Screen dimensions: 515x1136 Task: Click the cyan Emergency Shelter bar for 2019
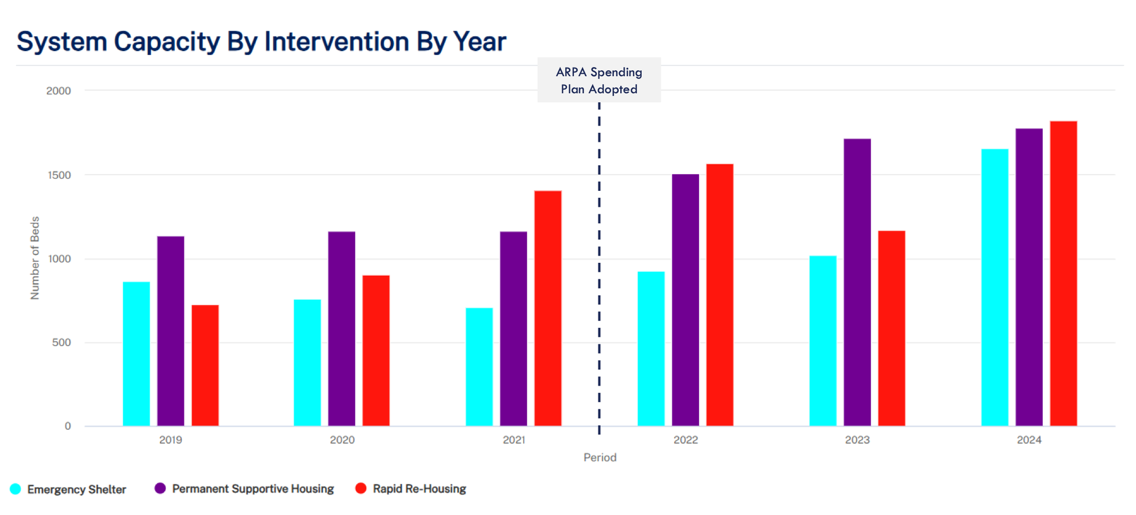pyautogui.click(x=136, y=354)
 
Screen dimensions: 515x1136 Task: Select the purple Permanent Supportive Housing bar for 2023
pyautogui.click(x=857, y=282)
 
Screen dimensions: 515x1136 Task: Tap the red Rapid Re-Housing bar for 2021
pyautogui.click(x=548, y=308)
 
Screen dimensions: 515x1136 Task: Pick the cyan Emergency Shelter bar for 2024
pyautogui.click(x=995, y=287)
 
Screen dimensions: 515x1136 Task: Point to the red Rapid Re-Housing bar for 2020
pyautogui.click(x=376, y=350)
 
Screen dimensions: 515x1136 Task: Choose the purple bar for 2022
pyautogui.click(x=685, y=300)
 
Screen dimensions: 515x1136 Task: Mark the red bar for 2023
pyautogui.click(x=891, y=328)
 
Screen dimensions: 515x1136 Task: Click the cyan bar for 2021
pyautogui.click(x=479, y=367)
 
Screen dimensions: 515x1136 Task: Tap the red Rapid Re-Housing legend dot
pyautogui.click(x=361, y=488)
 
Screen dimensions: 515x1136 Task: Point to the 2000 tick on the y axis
pyautogui.click(x=59, y=91)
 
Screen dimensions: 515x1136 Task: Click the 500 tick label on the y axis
pyautogui.click(x=61, y=342)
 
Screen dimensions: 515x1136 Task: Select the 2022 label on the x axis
pyautogui.click(x=686, y=440)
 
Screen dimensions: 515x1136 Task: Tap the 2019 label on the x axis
pyautogui.click(x=170, y=440)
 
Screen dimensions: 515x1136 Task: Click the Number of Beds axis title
pyautogui.click(x=35, y=258)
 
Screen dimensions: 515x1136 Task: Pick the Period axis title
pyautogui.click(x=600, y=458)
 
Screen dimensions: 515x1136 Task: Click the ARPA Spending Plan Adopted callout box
pyautogui.click(x=599, y=80)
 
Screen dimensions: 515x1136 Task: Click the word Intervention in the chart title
pyautogui.click(x=336, y=42)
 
